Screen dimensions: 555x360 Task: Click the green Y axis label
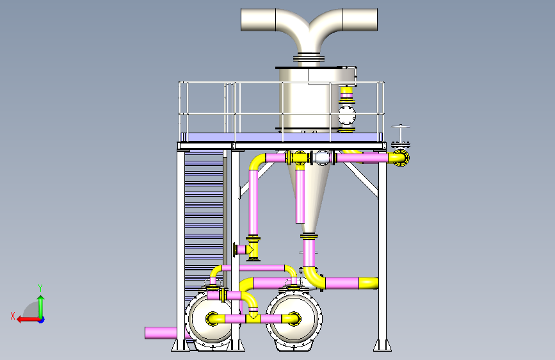40,288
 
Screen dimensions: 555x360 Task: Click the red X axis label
13,316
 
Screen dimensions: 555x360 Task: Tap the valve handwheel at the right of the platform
400,127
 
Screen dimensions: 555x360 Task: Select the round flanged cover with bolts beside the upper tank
347,115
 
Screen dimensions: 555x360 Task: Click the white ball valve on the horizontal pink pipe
322,158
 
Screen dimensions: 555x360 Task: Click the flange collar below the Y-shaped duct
309,58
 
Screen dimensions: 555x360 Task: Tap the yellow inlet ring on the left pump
213,318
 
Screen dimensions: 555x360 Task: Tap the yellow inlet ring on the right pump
293,318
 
